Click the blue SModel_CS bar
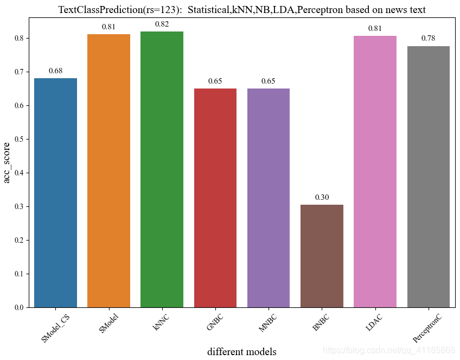pos(55,193)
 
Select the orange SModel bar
pos(108,171)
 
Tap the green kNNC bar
pos(162,169)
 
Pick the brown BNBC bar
pos(322,256)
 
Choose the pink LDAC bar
pos(375,172)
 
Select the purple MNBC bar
pos(269,198)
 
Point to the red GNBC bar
pos(215,198)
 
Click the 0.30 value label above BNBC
pos(322,197)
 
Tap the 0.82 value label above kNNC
pos(162,24)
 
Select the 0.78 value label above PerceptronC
pos(428,38)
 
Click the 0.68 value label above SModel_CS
pos(55,71)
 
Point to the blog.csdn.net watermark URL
pos(388,349)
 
